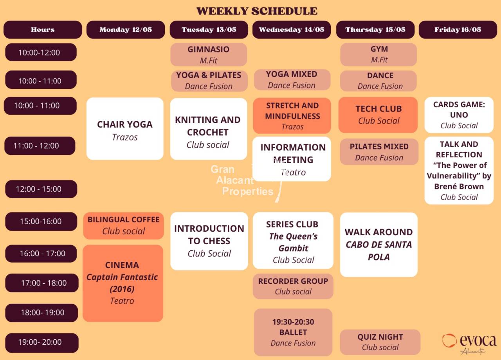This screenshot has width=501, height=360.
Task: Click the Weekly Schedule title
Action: coord(257,11)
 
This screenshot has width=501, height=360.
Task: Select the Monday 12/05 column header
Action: coord(126,30)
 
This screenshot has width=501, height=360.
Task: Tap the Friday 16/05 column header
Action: coord(458,30)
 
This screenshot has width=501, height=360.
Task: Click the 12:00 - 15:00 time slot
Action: coord(41,189)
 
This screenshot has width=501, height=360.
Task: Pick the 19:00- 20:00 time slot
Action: coord(42,342)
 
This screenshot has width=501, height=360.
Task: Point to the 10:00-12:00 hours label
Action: coord(41,52)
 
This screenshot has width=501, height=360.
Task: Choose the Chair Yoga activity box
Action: coord(125,129)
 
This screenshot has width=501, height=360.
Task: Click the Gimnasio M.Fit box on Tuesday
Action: coord(209,54)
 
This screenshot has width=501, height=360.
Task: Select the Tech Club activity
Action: coord(378,115)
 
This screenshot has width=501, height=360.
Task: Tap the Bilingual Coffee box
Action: coord(123,226)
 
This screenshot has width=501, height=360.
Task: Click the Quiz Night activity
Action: coord(380,342)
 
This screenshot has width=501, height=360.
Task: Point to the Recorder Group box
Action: coord(293,286)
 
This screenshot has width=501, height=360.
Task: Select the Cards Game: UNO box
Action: coord(459,115)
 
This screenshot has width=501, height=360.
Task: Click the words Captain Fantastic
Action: coord(122,277)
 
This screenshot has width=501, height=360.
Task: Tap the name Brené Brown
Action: coord(459,187)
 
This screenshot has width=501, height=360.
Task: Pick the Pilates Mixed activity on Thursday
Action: coord(379,151)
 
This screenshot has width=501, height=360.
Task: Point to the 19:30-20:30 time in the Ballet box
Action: coord(293,322)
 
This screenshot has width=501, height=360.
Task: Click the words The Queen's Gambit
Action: coord(294,242)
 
